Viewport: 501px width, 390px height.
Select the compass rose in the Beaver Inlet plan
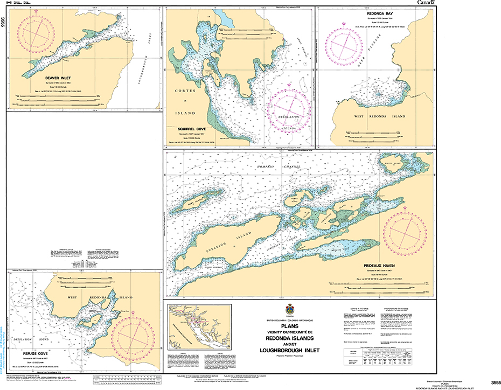[36, 36]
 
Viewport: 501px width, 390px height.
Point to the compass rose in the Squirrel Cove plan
[291, 110]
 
